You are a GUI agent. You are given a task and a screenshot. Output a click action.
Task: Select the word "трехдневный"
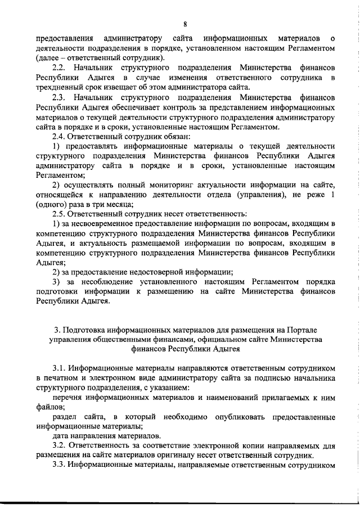pos(60,87)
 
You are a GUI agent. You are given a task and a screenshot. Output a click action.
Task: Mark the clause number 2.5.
pos(60,215)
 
